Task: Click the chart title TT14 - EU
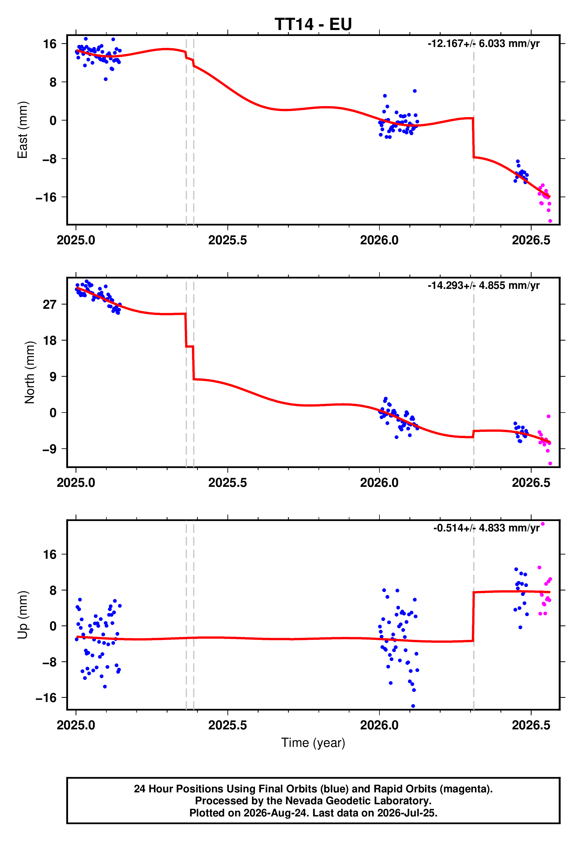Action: click(x=313, y=24)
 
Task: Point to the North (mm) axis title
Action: click(x=30, y=372)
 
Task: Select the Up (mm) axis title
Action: click(x=23, y=615)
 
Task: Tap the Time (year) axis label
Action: click(x=313, y=743)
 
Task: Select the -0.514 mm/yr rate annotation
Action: click(x=486, y=528)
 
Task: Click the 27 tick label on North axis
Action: click(x=50, y=304)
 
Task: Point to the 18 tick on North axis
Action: click(x=50, y=340)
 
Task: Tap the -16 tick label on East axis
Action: click(x=46, y=197)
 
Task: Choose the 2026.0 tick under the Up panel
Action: click(x=379, y=725)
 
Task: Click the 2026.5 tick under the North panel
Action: click(x=531, y=483)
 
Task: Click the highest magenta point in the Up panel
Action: click(x=543, y=524)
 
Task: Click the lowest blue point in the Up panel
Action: click(x=413, y=706)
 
